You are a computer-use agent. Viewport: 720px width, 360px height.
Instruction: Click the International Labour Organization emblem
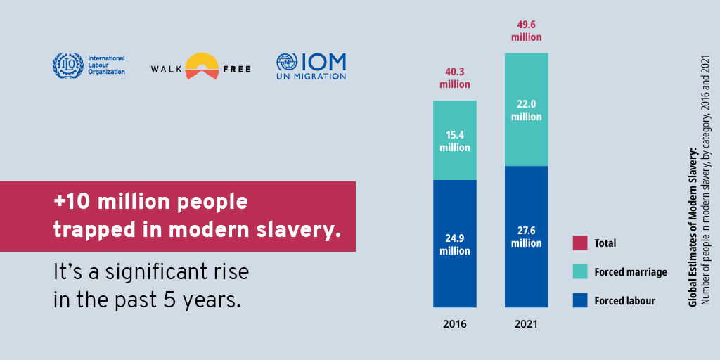tap(67, 65)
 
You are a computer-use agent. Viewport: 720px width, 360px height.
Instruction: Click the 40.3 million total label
tap(454, 77)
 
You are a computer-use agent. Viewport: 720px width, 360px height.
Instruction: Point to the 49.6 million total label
tap(526, 30)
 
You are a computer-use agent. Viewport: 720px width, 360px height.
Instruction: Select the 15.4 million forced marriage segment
tap(454, 141)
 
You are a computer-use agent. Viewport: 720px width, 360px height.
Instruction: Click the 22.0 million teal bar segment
tap(526, 110)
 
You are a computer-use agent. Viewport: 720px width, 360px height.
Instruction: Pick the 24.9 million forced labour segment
tap(454, 244)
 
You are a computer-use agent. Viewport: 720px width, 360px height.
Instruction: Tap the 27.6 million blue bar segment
tap(526, 236)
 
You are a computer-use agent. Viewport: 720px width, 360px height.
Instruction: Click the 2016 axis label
tap(454, 325)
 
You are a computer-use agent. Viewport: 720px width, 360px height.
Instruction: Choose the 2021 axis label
tap(526, 325)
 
